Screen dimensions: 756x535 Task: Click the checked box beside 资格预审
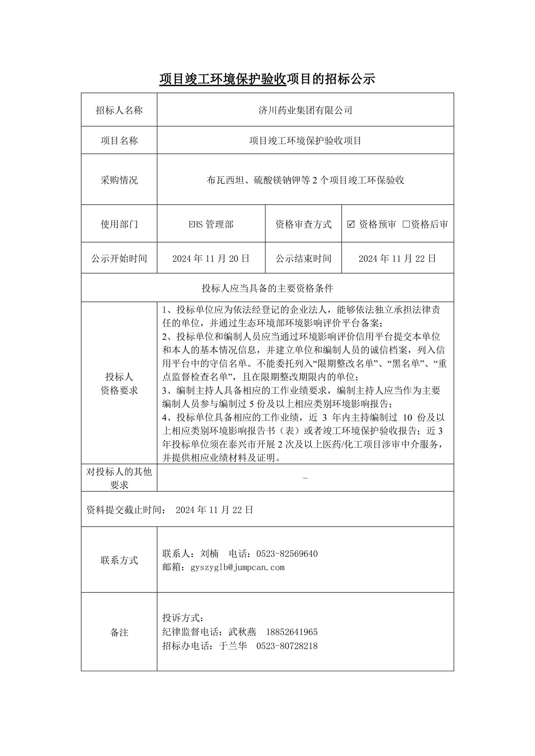pos(351,224)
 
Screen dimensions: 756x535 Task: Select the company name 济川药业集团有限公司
pos(305,110)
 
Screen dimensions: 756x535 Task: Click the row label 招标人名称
pos(119,110)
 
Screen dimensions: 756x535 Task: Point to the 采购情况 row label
pos(119,180)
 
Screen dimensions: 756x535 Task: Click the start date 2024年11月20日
pos(211,258)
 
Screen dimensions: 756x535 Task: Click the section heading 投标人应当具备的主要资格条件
pos(267,288)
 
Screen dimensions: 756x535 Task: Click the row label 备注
pos(119,632)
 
